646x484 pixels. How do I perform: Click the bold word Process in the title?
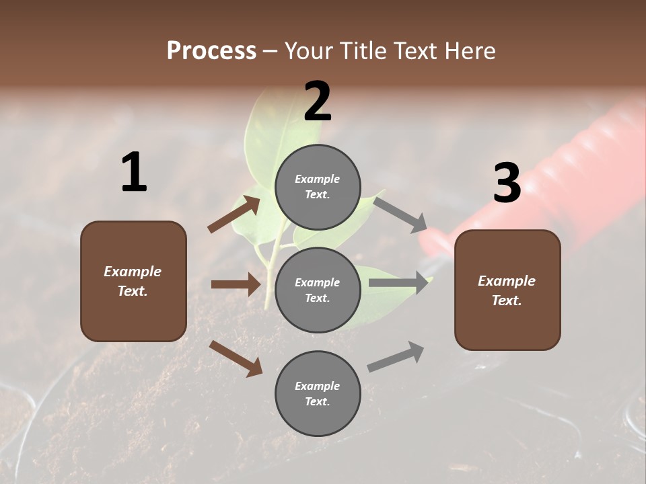pos(211,50)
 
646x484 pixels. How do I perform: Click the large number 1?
pos(133,172)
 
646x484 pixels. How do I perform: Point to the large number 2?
pos(318,102)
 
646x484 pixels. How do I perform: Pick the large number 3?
pos(507,183)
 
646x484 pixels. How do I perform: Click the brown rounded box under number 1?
pos(133,281)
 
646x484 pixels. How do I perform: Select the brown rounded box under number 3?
pos(507,290)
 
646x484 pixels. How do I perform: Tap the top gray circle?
pos(318,187)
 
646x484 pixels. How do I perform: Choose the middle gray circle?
pos(318,290)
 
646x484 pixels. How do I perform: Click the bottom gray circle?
pos(318,394)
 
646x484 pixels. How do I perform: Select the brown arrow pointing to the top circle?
pos(234,214)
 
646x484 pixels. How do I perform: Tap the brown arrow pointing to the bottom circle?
pos(236,358)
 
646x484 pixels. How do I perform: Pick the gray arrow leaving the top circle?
pos(401,214)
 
